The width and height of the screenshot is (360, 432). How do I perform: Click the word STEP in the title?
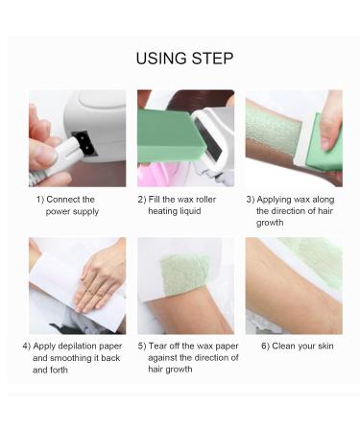(x=213, y=60)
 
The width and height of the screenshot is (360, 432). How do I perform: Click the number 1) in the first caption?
(x=40, y=200)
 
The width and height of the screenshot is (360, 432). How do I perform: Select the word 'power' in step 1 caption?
(x=60, y=211)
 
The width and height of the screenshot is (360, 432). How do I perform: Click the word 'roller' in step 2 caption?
(x=204, y=200)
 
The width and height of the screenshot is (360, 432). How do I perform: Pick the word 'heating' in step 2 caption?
(x=163, y=211)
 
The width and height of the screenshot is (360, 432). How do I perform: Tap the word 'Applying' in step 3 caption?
(x=279, y=200)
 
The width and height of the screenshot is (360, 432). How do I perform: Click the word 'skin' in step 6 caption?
(x=324, y=346)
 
